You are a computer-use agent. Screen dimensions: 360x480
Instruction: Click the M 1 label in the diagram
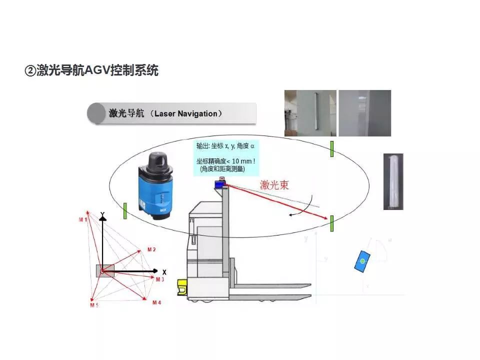point(82,220)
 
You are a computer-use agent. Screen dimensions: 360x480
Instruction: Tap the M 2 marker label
point(151,249)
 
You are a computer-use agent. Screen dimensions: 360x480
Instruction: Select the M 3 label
point(159,279)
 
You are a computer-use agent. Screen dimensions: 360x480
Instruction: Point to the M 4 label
point(157,303)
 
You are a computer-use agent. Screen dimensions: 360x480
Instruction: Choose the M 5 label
point(94,305)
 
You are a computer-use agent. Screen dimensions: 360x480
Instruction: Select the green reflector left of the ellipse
point(124,210)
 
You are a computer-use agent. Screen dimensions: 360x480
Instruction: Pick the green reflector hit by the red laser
point(331,223)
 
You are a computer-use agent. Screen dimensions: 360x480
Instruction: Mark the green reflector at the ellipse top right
point(331,149)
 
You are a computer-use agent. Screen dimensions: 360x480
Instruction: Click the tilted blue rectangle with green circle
point(362,261)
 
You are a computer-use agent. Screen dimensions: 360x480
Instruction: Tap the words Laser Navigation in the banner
point(185,114)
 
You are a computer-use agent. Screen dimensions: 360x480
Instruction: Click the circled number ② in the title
point(30,71)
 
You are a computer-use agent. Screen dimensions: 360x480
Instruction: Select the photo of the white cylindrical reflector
point(393,181)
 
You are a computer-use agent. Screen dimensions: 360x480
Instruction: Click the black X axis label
point(164,271)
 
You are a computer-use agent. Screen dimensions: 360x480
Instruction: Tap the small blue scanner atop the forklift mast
point(219,184)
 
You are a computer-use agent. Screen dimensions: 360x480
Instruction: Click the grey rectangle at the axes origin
point(105,270)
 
